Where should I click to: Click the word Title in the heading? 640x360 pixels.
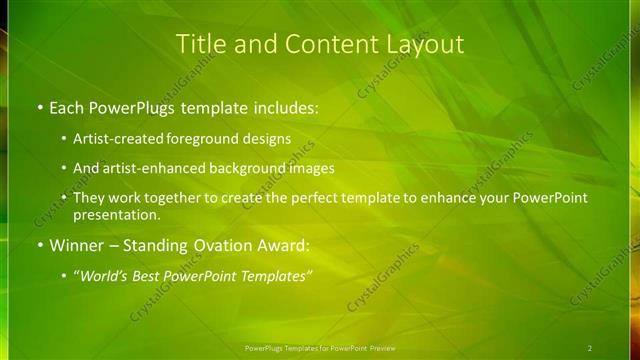click(x=200, y=44)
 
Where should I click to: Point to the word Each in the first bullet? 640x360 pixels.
click(x=68, y=107)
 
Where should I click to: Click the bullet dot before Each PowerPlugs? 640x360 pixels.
click(x=39, y=107)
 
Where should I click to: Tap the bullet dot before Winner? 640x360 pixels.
click(x=39, y=245)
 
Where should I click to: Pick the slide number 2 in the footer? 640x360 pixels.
click(x=590, y=348)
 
